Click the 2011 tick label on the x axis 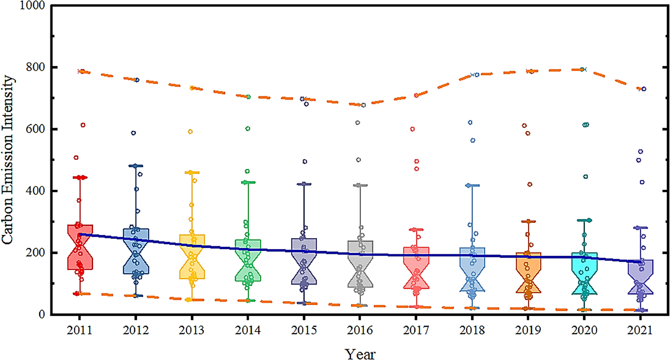point(79,330)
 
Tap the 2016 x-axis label point(360,330)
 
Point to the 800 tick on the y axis point(35,67)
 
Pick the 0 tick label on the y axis point(42,314)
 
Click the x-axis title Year point(360,354)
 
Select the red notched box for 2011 point(80,247)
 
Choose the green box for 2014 point(248,260)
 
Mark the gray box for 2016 point(360,264)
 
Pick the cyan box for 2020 point(584,273)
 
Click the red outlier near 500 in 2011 point(76,158)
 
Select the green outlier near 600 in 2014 point(248,128)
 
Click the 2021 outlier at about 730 point(644,89)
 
